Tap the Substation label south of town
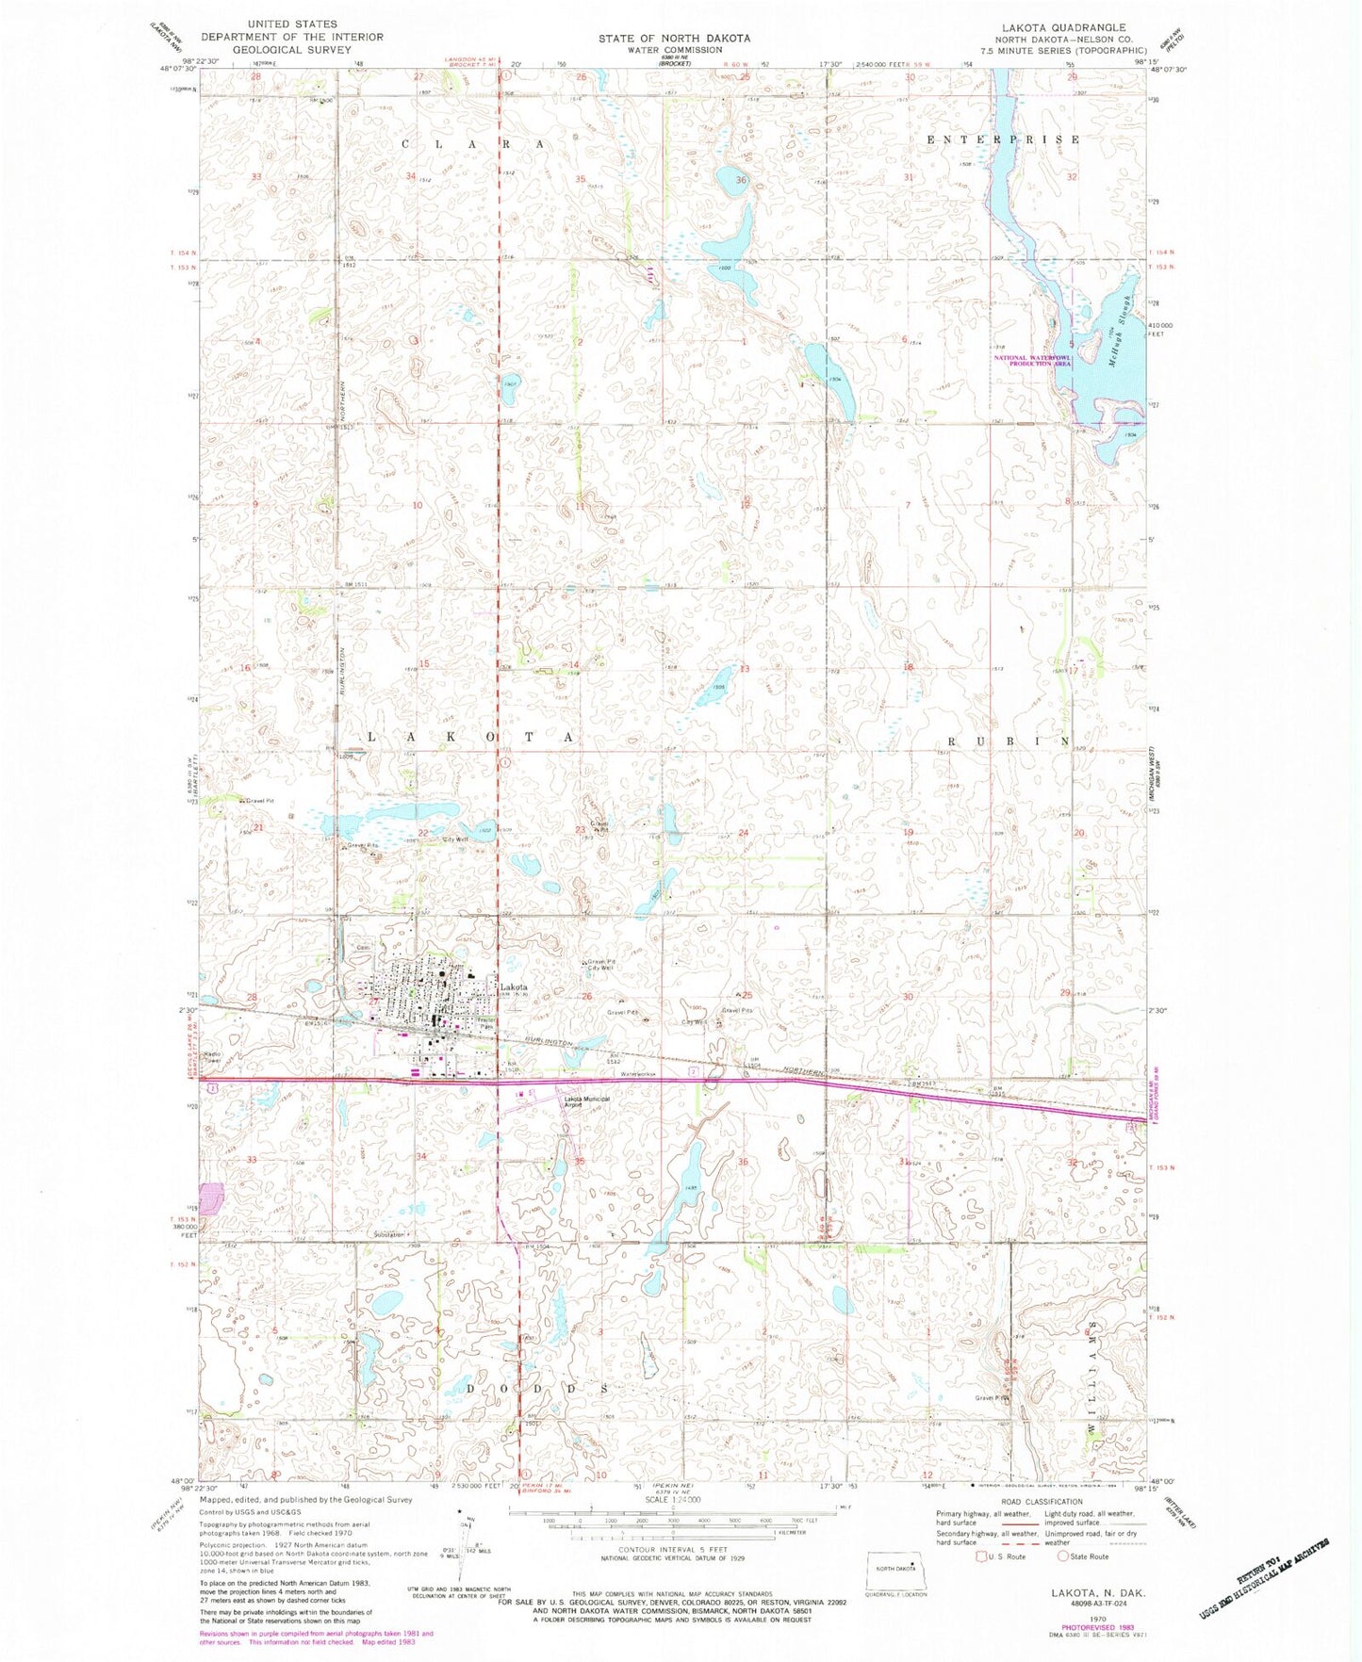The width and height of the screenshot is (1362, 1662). pos(388,1233)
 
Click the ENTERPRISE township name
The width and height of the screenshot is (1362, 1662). pos(1003,139)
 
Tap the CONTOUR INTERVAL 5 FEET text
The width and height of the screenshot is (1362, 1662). pos(674,1549)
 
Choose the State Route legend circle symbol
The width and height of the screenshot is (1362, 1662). pos(1067,1556)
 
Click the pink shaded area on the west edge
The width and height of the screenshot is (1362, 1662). pos(210,1198)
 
